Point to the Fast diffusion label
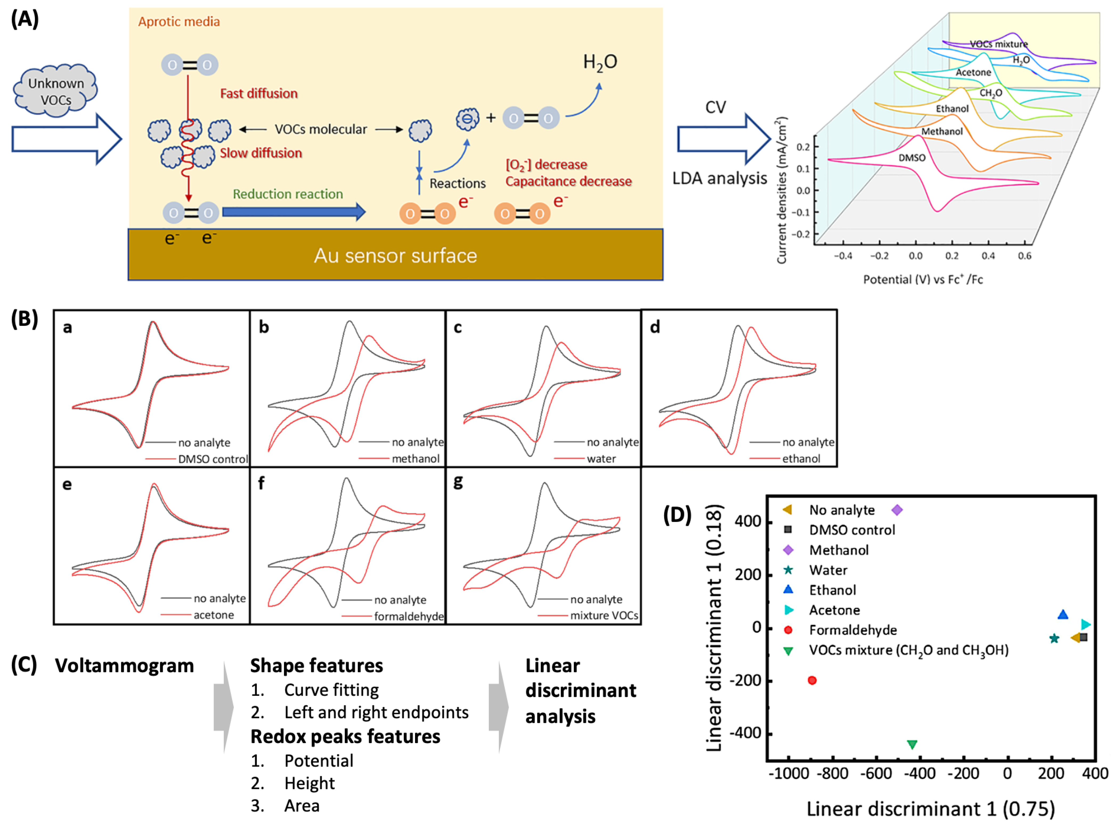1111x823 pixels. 259,94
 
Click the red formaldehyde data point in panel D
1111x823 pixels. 812,680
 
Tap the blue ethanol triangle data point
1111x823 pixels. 1062,615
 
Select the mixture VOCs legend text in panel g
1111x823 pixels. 604,615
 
